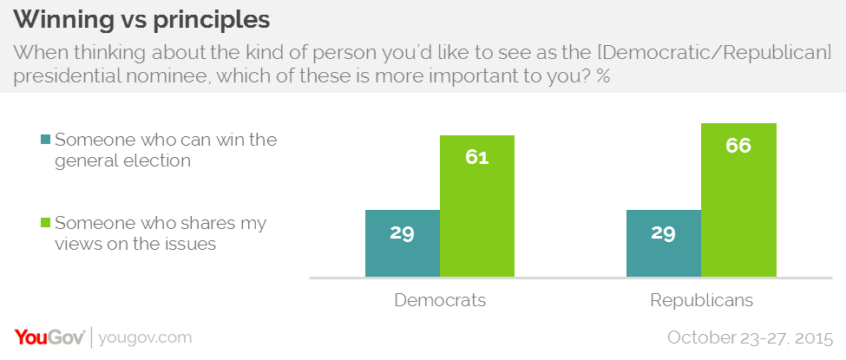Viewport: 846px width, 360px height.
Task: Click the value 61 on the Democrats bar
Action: point(477,158)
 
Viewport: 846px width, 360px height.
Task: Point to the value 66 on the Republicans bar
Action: point(738,145)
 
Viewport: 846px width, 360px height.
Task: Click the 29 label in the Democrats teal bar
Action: point(403,233)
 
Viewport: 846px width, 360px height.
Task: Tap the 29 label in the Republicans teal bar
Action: point(663,233)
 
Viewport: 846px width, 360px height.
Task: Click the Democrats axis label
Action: point(440,301)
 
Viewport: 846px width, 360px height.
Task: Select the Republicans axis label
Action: point(702,301)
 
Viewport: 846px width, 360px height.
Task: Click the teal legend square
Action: point(45,141)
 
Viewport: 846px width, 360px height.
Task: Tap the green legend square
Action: point(45,224)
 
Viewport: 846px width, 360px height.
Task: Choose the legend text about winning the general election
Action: point(165,149)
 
